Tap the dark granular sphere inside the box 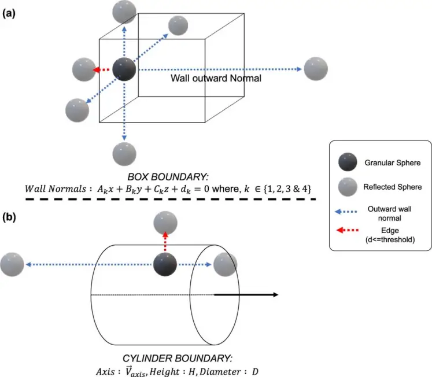pyautogui.click(x=124, y=69)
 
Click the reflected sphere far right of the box pyautogui.click(x=315, y=69)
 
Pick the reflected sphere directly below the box pyautogui.click(x=124, y=153)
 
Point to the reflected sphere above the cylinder pyautogui.click(x=165, y=222)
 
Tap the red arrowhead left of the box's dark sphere pyautogui.click(x=98, y=70)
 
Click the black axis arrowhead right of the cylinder pyautogui.click(x=274, y=295)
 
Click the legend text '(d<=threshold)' pyautogui.click(x=390, y=238)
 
